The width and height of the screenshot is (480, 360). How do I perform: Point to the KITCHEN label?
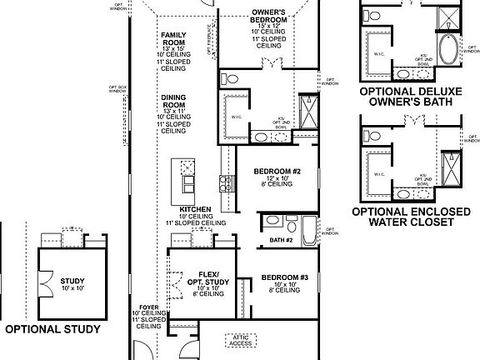[x=194, y=209]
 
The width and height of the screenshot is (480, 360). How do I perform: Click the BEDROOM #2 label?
[x=276, y=172]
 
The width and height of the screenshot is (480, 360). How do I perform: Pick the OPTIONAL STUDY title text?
[x=52, y=329]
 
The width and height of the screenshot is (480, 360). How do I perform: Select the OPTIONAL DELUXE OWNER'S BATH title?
[x=407, y=97]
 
